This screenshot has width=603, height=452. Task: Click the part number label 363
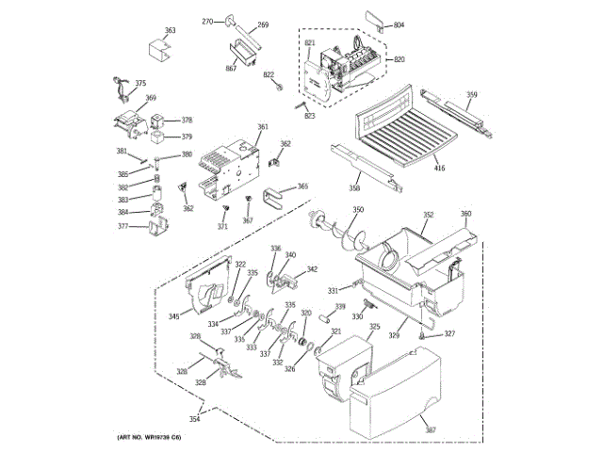pos(170,31)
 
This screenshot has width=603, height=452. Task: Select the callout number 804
pos(399,24)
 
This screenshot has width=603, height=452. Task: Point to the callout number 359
pos(472,94)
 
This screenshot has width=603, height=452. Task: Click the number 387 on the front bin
pos(431,430)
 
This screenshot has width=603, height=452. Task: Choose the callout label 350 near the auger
pos(358,209)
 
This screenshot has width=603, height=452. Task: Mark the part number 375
pos(140,84)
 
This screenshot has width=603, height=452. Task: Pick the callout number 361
pos(262,127)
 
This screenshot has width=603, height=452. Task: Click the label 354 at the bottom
pos(194,418)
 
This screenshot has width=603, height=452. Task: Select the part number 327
pos(449,334)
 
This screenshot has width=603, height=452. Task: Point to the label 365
pos(302,186)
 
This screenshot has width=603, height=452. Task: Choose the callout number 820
pos(399,59)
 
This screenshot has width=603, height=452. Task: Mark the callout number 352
pos(428,216)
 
